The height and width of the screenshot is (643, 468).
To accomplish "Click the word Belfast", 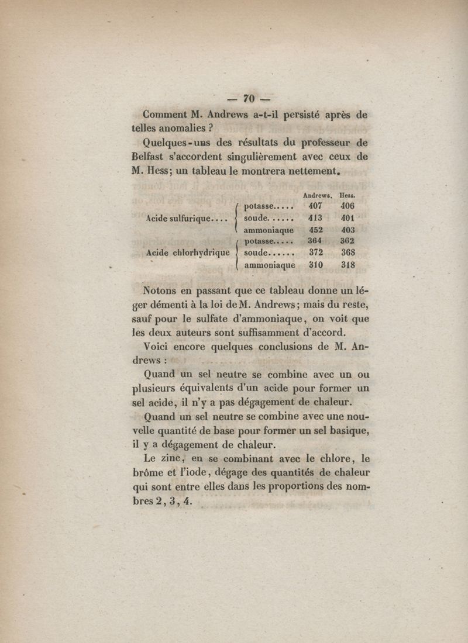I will (152, 157).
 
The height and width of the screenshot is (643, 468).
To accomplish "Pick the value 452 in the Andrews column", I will (315, 230).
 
